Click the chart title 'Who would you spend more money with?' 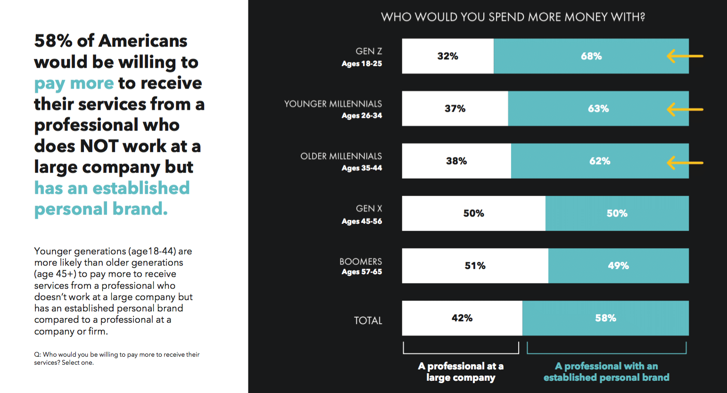[x=513, y=17]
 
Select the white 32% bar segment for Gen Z [x=447, y=56]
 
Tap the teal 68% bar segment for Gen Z [x=591, y=56]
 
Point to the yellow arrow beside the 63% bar [x=685, y=109]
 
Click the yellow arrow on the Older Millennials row [x=685, y=163]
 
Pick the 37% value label [x=455, y=109]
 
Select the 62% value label [x=600, y=161]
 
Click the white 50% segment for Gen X [x=473, y=213]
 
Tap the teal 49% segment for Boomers [x=618, y=266]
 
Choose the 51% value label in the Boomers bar [x=475, y=266]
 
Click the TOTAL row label [x=368, y=320]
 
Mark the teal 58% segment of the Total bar [x=605, y=318]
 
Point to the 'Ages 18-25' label [x=362, y=64]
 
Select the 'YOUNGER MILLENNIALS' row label [x=333, y=104]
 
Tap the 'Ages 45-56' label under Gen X [x=362, y=221]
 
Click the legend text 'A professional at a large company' [x=461, y=372]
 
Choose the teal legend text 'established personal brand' [x=606, y=377]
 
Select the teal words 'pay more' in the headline [x=74, y=83]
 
